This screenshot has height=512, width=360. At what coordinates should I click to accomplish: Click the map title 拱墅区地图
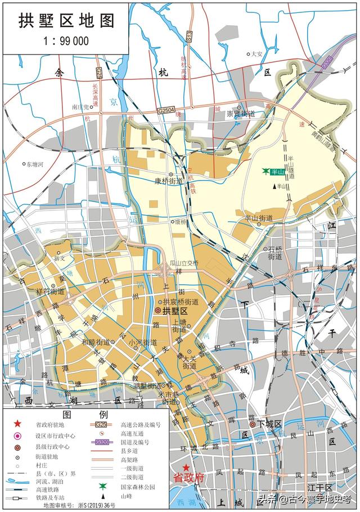66,21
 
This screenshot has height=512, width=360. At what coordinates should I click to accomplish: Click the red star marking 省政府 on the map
186,466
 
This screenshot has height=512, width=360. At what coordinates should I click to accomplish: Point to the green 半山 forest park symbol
265,171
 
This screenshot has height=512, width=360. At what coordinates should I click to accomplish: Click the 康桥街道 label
169,181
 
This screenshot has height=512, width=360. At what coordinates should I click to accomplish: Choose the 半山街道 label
258,218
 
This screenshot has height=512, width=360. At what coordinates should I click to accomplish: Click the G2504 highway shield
167,111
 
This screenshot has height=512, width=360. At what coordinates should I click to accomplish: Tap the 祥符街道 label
49,291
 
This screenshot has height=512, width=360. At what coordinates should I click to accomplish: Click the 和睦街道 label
95,342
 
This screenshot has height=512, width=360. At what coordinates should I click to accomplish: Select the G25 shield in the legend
101,425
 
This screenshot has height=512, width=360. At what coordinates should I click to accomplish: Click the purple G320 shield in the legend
101,443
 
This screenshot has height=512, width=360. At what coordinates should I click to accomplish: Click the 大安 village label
256,54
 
